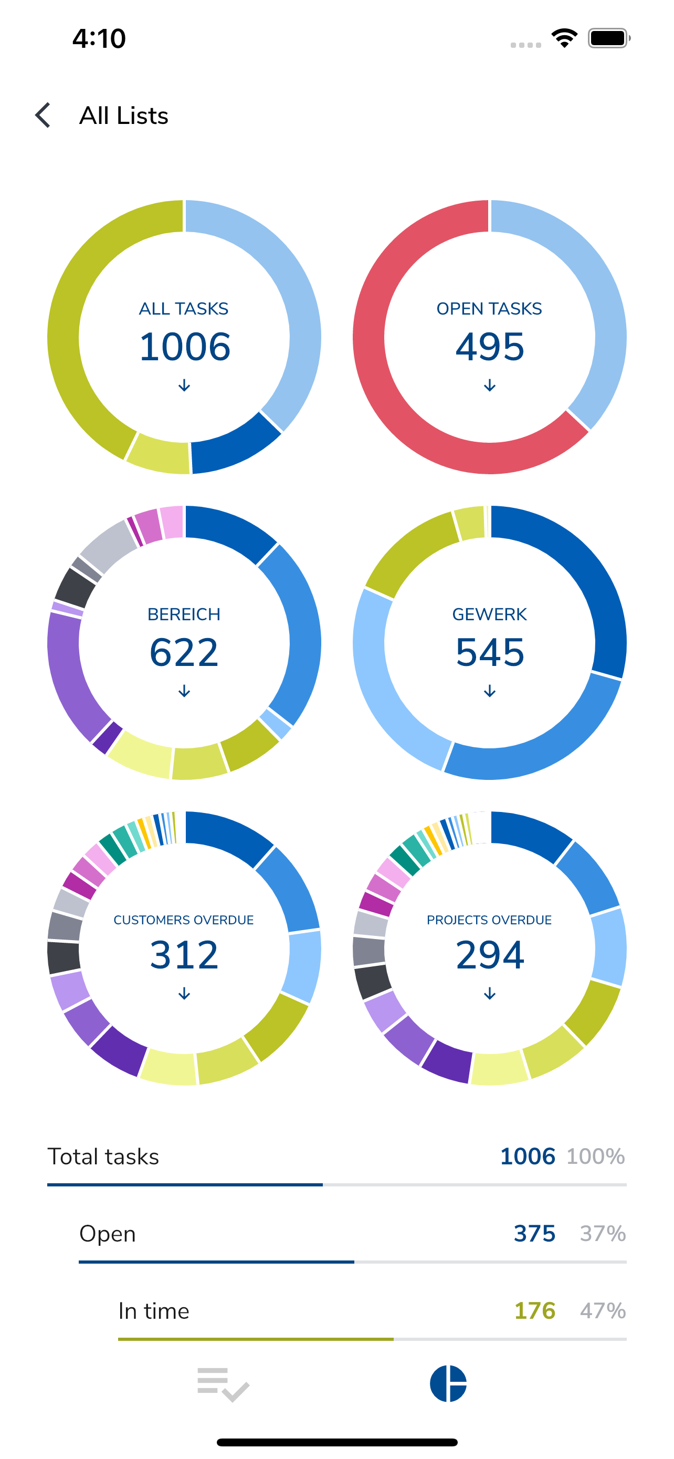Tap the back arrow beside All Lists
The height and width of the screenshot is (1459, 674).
[43, 116]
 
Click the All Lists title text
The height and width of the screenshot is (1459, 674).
[124, 116]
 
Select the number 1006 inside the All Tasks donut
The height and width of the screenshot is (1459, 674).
[184, 347]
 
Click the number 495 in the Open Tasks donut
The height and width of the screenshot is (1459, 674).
[490, 347]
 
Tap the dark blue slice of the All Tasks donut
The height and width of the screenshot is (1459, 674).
[235, 447]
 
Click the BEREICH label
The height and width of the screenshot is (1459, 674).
[184, 614]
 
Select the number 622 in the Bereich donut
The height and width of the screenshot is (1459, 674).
[184, 652]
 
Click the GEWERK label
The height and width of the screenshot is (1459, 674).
[490, 614]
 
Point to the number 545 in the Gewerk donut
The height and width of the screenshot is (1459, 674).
[490, 652]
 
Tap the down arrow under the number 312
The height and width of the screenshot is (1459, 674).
[184, 994]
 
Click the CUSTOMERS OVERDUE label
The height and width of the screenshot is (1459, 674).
[183, 920]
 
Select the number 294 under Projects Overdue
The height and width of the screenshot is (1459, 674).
[490, 955]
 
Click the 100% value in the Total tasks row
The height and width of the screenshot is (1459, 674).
[596, 1156]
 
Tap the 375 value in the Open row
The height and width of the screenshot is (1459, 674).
[535, 1233]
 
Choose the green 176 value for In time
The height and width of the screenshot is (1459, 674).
[535, 1310]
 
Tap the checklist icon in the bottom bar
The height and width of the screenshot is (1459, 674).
[224, 1384]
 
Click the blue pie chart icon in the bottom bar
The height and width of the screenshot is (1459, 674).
[448, 1384]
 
